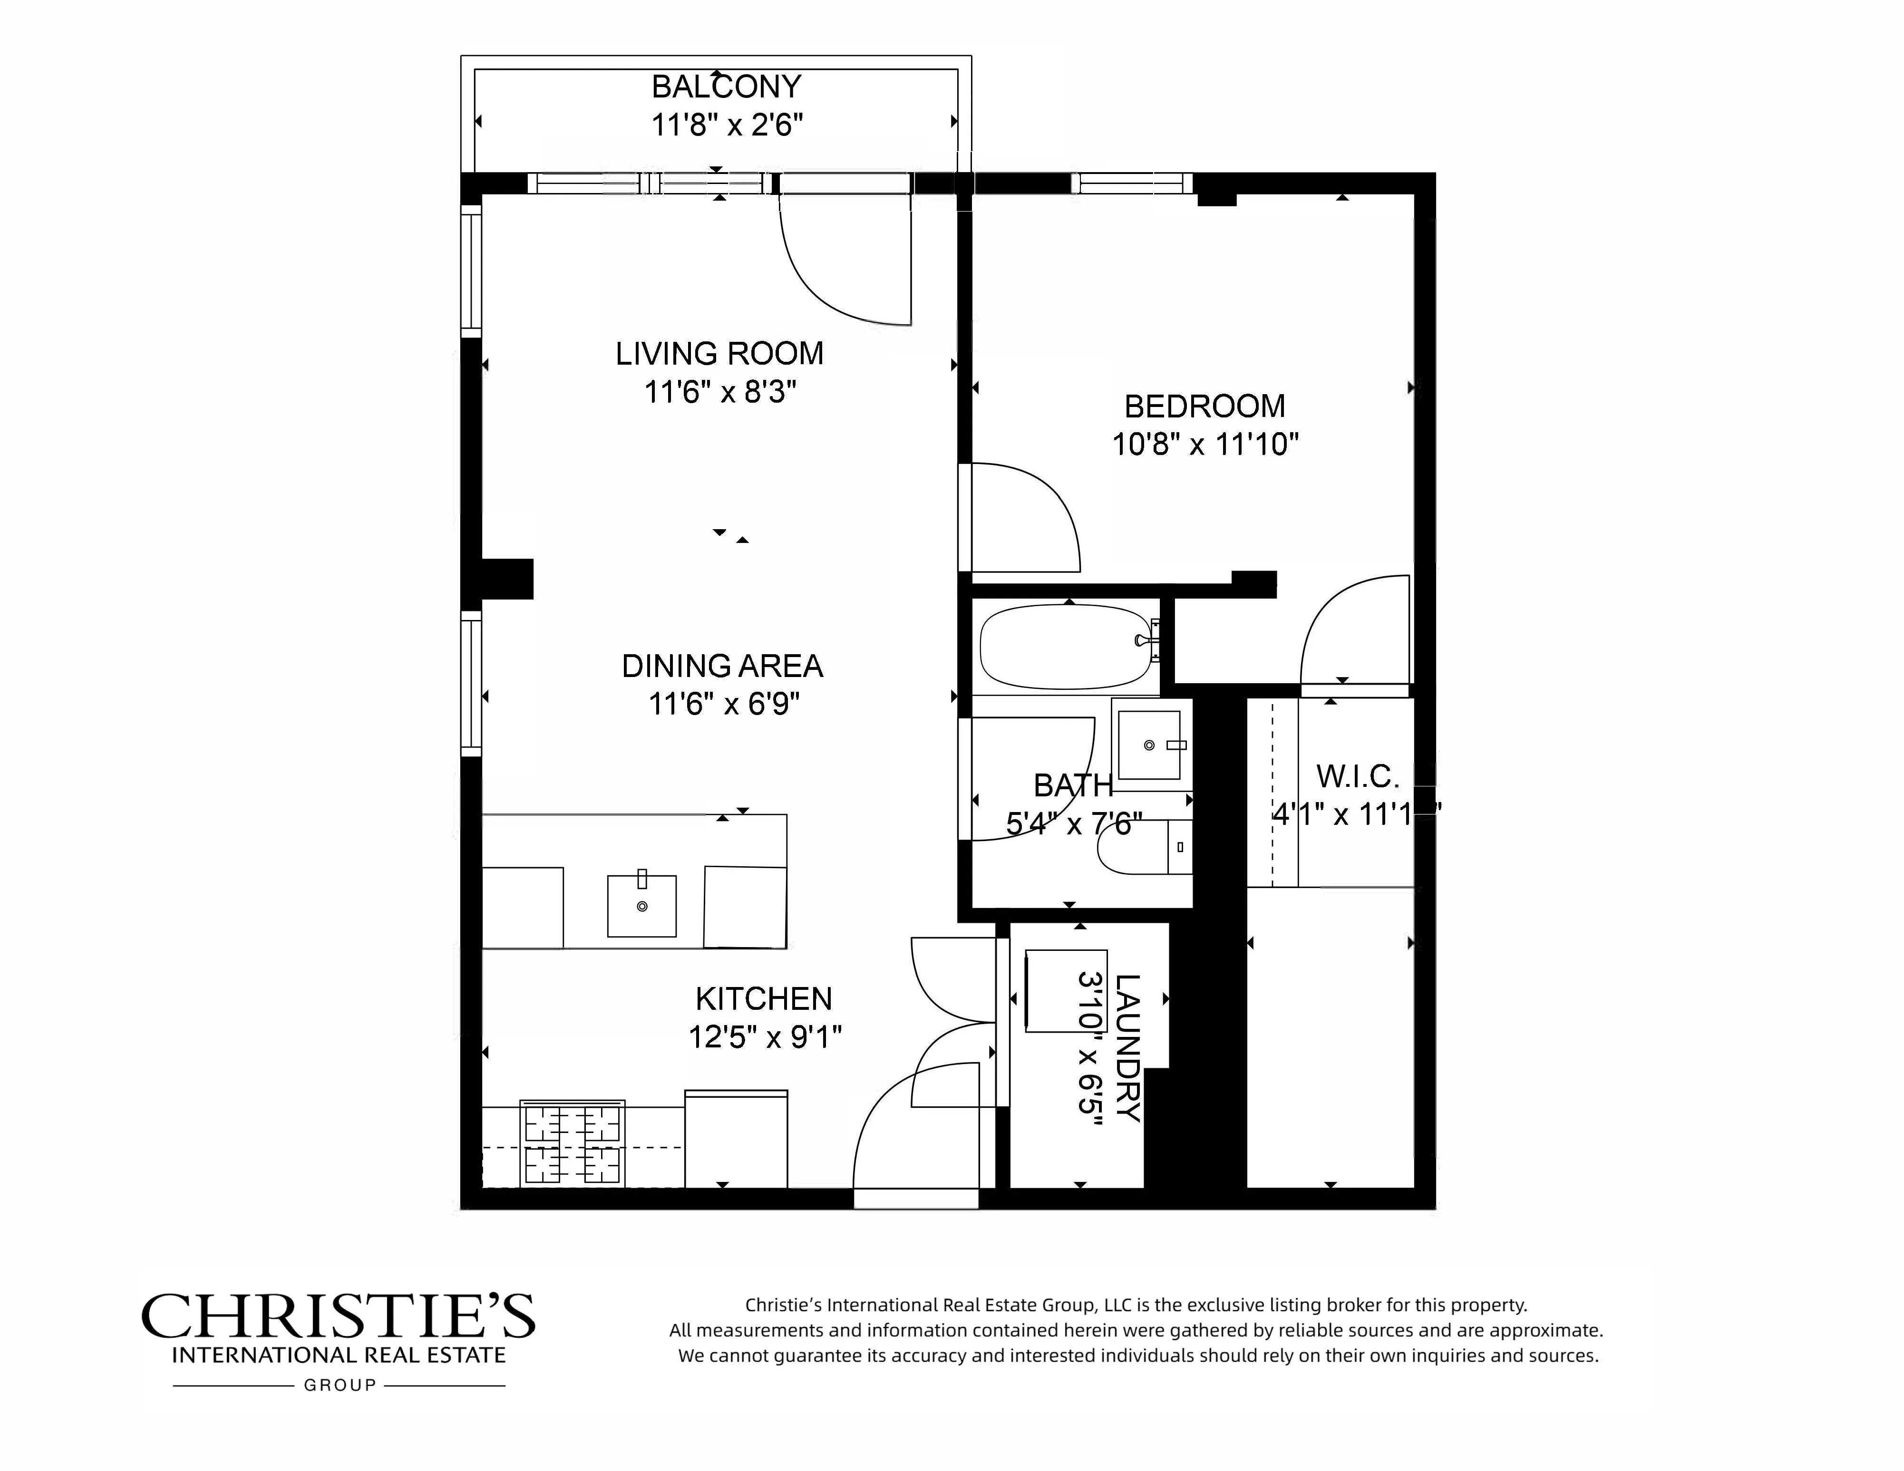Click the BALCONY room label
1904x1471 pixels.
pyautogui.click(x=726, y=87)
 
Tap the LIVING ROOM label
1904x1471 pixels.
pyautogui.click(x=719, y=354)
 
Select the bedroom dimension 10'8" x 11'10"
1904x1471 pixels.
pyautogui.click(x=1205, y=445)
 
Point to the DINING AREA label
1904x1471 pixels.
pyautogui.click(x=722, y=667)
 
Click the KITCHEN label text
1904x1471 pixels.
pyautogui.click(x=764, y=999)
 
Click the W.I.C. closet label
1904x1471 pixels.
pyautogui.click(x=1357, y=776)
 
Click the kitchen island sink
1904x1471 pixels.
pyautogui.click(x=641, y=906)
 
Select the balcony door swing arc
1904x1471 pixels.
pyautogui.click(x=828, y=279)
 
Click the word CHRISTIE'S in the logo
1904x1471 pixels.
pyautogui.click(x=338, y=1317)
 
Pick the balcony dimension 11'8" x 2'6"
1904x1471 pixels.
pyautogui.click(x=726, y=126)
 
